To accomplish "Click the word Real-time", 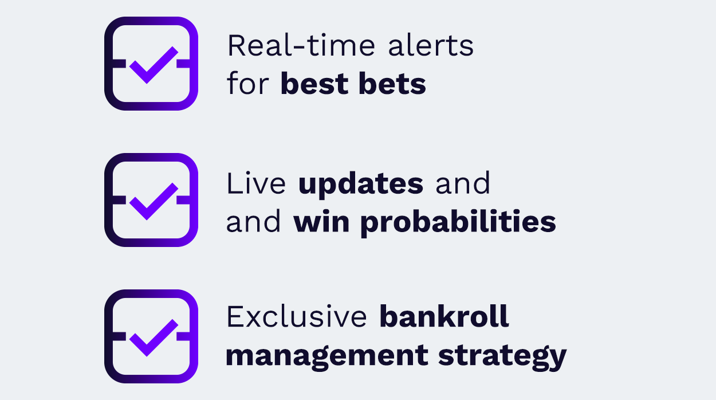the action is tap(301, 45).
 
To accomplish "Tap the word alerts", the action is tap(431, 45).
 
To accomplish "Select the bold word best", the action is tap(314, 83).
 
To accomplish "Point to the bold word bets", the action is tap(392, 83).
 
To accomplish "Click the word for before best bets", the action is tap(247, 83).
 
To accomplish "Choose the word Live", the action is tap(256, 183).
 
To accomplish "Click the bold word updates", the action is tap(361, 185).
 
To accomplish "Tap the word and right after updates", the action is tap(462, 183).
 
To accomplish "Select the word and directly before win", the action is tap(253, 221).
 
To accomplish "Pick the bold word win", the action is tap(321, 221).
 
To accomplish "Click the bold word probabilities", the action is tap(458, 223).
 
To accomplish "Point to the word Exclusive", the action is tap(297, 316).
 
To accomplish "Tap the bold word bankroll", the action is tap(444, 316).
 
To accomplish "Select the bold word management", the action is tap(326, 357).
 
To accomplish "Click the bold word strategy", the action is tap(502, 357).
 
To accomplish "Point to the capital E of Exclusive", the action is tap(235, 316).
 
